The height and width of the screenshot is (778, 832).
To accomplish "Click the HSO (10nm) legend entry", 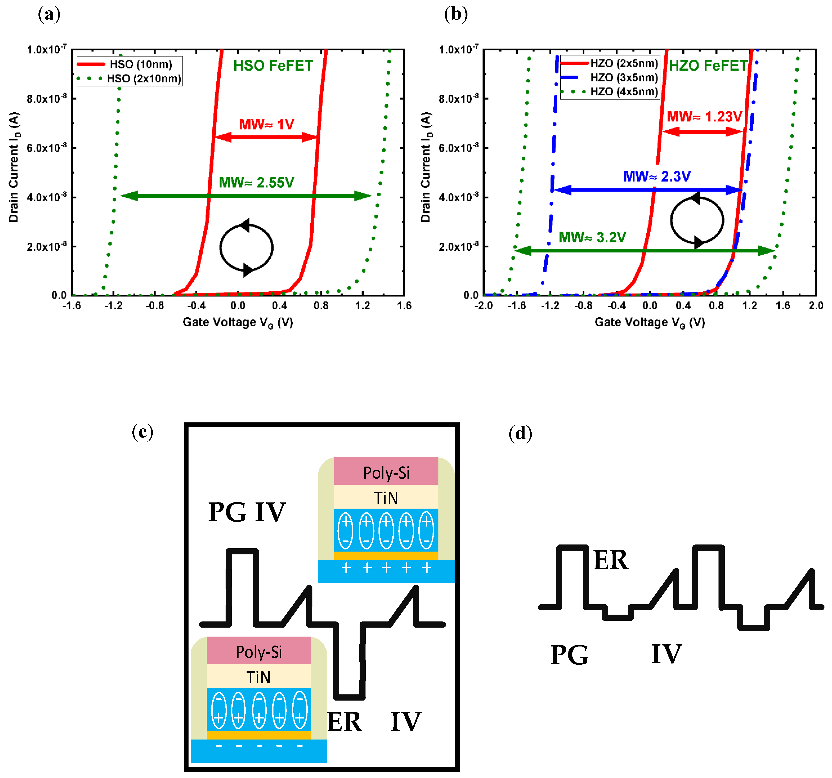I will pos(141,64).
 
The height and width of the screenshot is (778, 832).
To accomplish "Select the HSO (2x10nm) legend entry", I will pos(143,79).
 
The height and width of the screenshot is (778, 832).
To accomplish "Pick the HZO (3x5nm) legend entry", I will pos(624,77).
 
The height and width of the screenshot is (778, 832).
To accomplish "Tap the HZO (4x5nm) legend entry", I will pos(624,92).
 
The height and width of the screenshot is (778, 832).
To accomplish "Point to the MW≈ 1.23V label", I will pos(704,116).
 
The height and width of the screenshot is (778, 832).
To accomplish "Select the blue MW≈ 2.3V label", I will pos(657,176).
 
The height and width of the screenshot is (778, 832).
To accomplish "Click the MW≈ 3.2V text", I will pos(592,238).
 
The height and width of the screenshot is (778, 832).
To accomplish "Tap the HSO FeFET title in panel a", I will pos(273,66).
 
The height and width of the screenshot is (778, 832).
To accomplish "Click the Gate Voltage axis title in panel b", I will pos(650,323).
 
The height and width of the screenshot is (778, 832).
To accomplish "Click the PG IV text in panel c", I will pos(247,512).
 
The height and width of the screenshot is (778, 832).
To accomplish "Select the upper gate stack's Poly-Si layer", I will pos(386,472).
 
